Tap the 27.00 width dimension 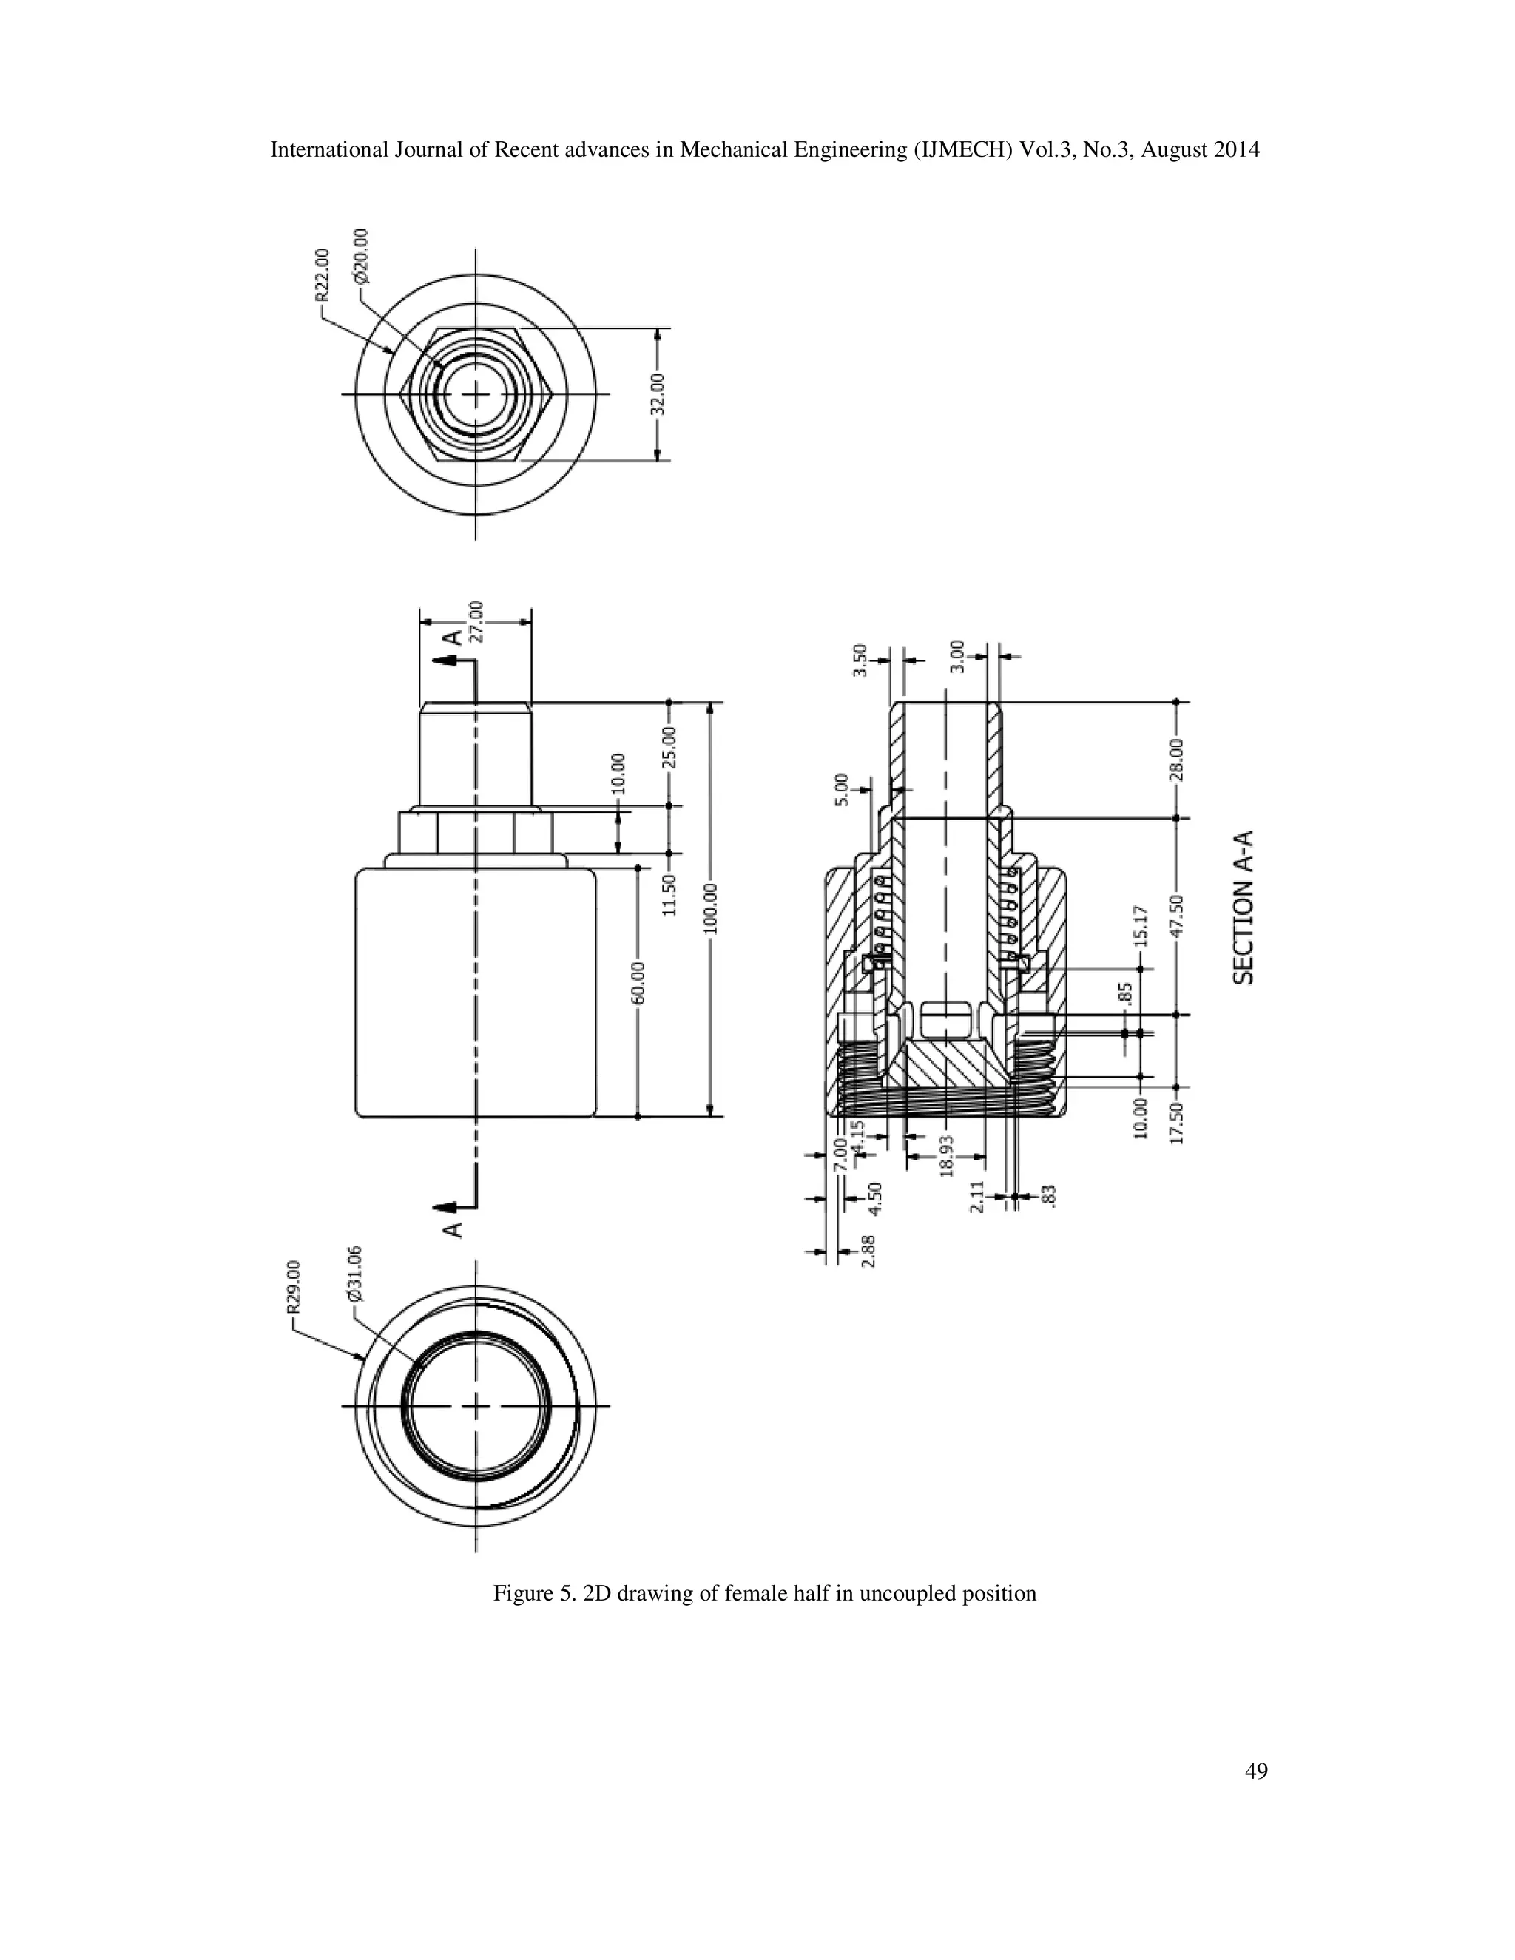tap(477, 621)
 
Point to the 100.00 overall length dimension tap(710, 908)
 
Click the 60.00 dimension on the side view tap(637, 984)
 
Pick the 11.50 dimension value tap(669, 895)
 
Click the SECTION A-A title tap(1243, 908)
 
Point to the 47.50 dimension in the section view tap(1177, 916)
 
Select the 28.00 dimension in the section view tap(1177, 760)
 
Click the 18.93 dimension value tap(945, 1155)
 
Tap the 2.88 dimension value tap(868, 1250)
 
